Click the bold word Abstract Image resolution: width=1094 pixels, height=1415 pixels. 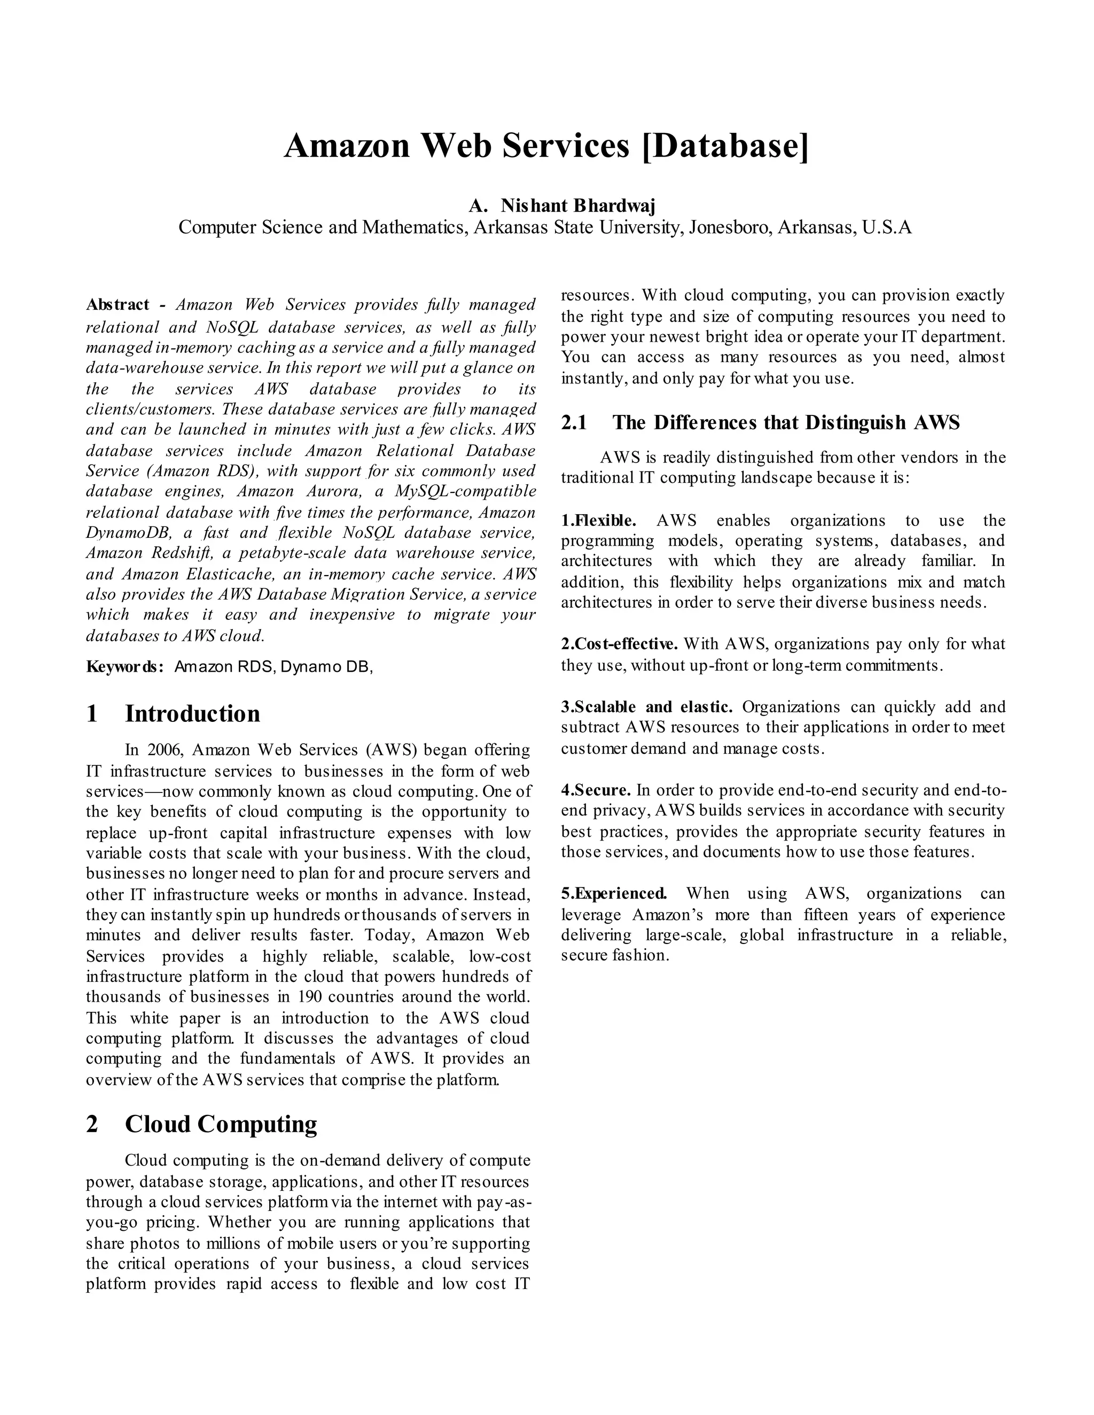tap(118, 304)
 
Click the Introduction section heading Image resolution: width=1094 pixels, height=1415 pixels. tap(192, 714)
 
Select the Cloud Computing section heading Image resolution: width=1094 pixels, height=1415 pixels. tap(221, 1123)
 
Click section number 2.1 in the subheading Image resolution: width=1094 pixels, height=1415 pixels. tap(574, 422)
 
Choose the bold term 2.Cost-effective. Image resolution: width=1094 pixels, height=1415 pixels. tap(619, 644)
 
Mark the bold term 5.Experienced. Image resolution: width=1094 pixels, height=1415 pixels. tap(613, 893)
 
